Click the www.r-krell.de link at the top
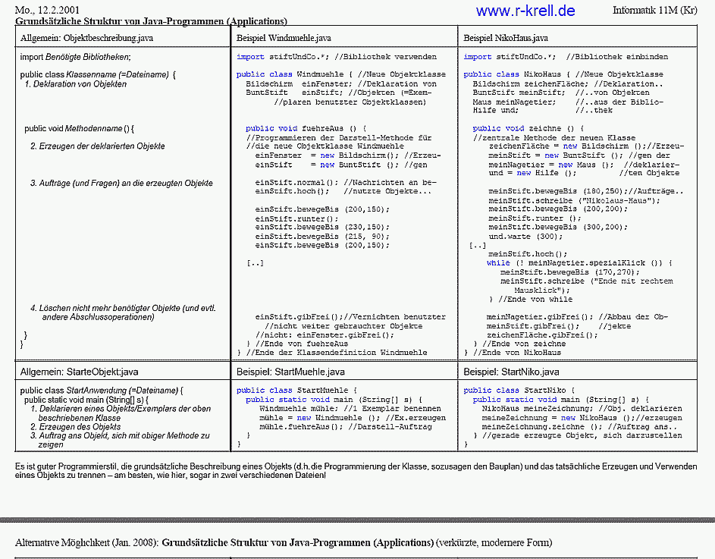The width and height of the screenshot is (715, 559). click(525, 11)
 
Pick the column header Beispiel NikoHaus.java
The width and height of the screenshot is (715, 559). click(506, 37)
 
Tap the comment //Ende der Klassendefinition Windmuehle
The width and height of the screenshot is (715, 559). click(336, 352)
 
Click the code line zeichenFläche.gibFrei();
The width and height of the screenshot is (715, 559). click(536, 334)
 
